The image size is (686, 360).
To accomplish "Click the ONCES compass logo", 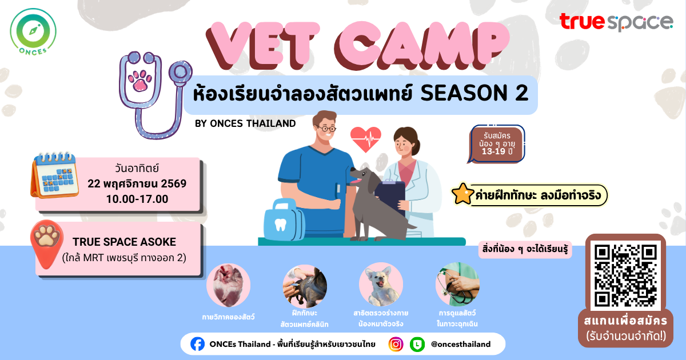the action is pyautogui.click(x=33, y=32).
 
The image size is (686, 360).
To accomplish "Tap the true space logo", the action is pyautogui.click(x=616, y=22).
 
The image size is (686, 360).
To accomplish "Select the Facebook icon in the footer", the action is pyautogui.click(x=198, y=344).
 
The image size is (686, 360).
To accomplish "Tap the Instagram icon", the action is pyautogui.click(x=396, y=344).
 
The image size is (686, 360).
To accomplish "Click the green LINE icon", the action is pyautogui.click(x=417, y=344).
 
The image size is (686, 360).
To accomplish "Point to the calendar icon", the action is pyautogui.click(x=54, y=175).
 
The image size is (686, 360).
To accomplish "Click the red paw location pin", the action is pyautogui.click(x=46, y=244).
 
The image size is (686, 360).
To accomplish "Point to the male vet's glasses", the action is pyautogui.click(x=326, y=128).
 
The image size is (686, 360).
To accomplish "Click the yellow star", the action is pyautogui.click(x=462, y=194).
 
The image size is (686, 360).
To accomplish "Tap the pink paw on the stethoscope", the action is pyautogui.click(x=140, y=81).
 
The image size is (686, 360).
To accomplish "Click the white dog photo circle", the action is pyautogui.click(x=381, y=285).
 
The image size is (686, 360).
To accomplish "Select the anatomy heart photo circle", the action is pyautogui.click(x=229, y=285).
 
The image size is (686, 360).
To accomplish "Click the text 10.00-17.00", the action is pyautogui.click(x=137, y=199).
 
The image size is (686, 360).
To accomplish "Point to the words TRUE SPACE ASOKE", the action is pyautogui.click(x=125, y=242).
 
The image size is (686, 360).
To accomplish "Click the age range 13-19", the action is pyautogui.click(x=493, y=151).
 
